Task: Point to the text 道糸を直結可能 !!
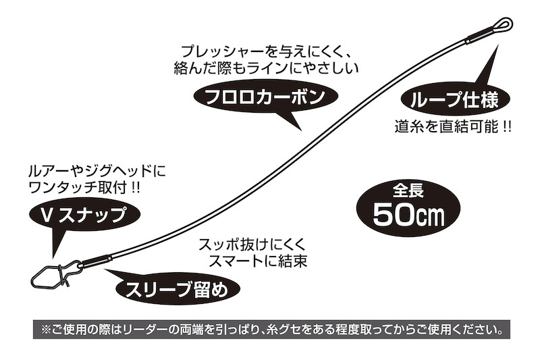pyautogui.click(x=453, y=127)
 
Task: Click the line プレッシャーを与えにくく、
pyautogui.click(x=266, y=52)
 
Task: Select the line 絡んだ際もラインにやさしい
pyautogui.click(x=266, y=68)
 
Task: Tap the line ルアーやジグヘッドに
pyautogui.click(x=97, y=171)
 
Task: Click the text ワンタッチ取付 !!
pyautogui.click(x=85, y=187)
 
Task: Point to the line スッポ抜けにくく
pyautogui.click(x=252, y=245)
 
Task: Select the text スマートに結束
pyautogui.click(x=258, y=261)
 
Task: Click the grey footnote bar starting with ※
pyautogui.click(x=271, y=330)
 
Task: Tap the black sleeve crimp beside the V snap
pyautogui.click(x=97, y=261)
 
